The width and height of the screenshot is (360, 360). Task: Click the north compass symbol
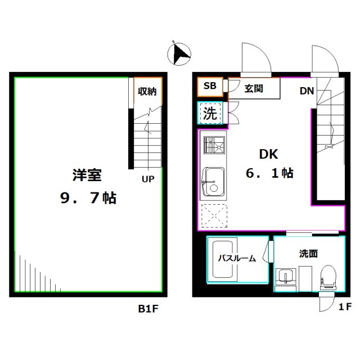point(179,54)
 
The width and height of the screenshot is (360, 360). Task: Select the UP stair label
point(148,180)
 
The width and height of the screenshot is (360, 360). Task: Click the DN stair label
point(306,91)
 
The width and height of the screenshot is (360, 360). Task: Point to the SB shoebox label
point(210,86)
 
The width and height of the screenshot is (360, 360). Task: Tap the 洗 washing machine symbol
point(210,113)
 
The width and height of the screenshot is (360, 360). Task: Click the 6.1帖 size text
point(269,173)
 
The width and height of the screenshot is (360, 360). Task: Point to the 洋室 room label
point(87,175)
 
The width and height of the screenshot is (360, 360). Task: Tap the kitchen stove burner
point(214,147)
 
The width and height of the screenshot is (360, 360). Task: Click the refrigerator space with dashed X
point(214,215)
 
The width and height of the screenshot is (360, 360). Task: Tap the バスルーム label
point(237,259)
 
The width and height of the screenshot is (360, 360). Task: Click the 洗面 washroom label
point(308,254)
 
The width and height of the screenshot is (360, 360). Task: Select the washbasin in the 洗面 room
point(286,277)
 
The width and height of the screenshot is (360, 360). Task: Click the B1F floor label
point(149,308)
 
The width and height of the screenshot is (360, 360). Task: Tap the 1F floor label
point(345,307)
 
